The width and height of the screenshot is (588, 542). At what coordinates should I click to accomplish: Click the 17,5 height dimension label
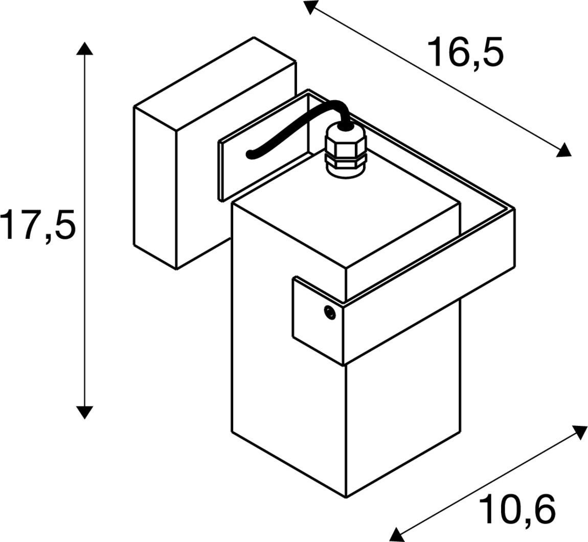coord(38,224)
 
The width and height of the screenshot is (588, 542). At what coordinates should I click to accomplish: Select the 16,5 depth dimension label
coord(465,52)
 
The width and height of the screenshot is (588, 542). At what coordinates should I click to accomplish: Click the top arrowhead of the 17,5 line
coord(85,49)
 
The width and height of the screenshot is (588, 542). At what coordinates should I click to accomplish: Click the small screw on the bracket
coord(330,312)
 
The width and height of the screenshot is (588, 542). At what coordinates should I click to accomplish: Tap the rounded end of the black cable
coord(250,154)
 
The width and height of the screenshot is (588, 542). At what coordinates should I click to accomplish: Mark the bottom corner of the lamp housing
coord(346,498)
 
